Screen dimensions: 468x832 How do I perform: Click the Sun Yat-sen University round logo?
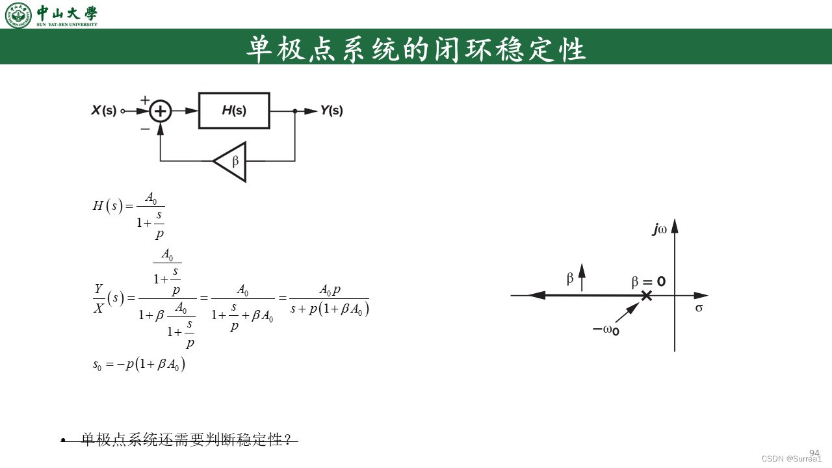point(18,15)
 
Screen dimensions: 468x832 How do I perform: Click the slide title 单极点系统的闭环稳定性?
point(416,49)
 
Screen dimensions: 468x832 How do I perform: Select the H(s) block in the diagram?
point(234,110)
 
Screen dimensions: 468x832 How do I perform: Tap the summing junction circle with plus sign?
point(161,111)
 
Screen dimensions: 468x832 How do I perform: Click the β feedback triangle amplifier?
point(231,161)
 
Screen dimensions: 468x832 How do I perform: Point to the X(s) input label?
point(103,110)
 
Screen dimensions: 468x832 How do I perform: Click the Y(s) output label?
point(331,110)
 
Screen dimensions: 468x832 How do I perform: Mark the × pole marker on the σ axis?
point(646,296)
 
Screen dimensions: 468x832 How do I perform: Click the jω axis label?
point(660,229)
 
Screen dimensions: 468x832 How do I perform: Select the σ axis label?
point(699,307)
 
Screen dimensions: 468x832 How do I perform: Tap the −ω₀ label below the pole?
point(606,330)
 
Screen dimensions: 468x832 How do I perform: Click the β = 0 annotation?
point(648,282)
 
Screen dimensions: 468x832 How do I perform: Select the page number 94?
point(814,452)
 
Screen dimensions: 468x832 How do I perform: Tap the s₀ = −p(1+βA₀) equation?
point(139,365)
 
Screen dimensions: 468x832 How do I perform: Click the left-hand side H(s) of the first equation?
point(107,207)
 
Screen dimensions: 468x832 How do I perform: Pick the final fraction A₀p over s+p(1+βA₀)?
point(330,299)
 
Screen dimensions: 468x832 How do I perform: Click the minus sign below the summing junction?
point(144,129)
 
